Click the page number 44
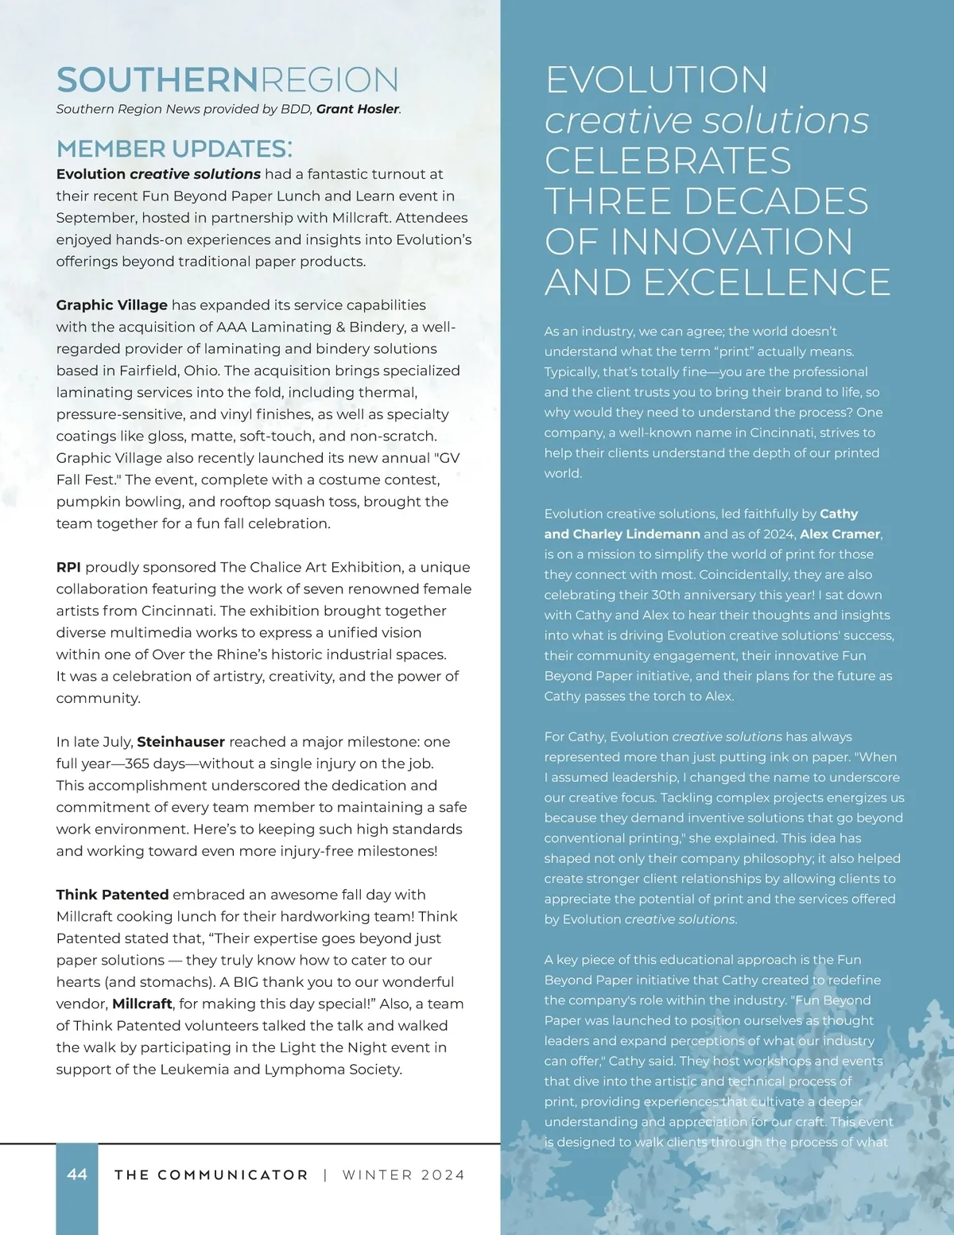(77, 1175)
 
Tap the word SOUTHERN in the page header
(157, 80)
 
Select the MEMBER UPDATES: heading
(174, 149)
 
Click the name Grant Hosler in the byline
(358, 109)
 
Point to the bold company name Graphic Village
(111, 305)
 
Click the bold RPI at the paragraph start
(68, 567)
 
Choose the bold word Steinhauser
(180, 742)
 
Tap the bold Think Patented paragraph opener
(112, 895)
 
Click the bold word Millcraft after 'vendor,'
(142, 1004)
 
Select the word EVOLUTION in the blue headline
(657, 80)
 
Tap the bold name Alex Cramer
(840, 534)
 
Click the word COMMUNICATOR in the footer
(233, 1175)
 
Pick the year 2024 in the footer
(443, 1175)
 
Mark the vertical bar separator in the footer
(325, 1175)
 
